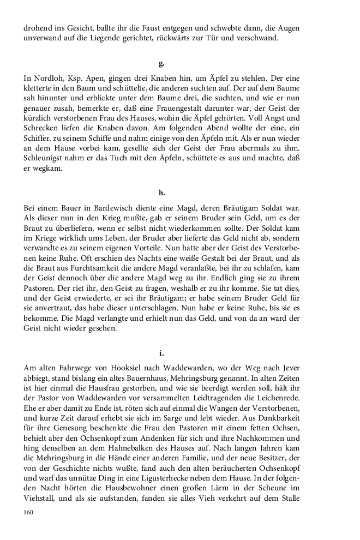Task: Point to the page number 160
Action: [x=29, y=512]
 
